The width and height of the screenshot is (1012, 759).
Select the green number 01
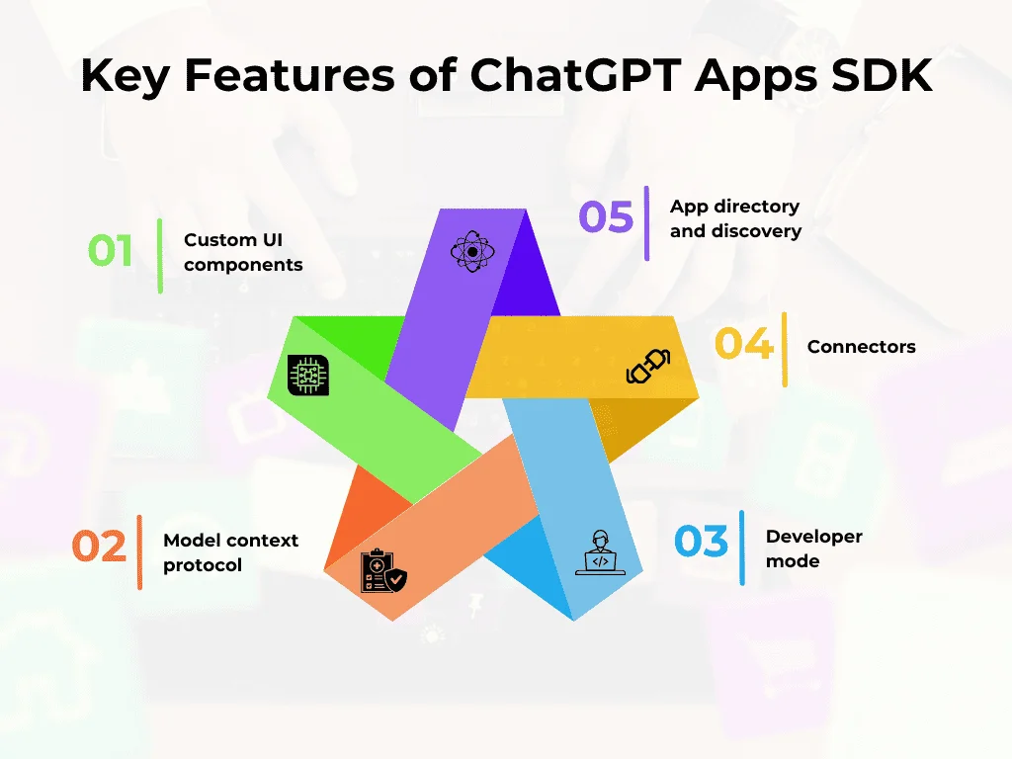tap(111, 251)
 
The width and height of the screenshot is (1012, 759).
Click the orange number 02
tap(100, 546)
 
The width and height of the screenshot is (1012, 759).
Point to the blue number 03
tap(701, 542)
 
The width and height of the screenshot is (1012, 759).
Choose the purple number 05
tap(606, 217)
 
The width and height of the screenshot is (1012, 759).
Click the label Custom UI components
tap(243, 252)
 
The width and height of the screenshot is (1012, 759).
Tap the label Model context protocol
tap(230, 552)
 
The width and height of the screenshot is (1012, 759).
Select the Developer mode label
tap(813, 548)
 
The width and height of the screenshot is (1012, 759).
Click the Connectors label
tap(861, 347)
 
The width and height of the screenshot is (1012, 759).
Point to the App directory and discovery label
tap(734, 218)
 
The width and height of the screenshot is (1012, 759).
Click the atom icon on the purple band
tap(471, 252)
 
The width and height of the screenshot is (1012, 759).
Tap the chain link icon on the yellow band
tap(648, 366)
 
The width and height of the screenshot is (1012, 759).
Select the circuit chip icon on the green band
tap(307, 376)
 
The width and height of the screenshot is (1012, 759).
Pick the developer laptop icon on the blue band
tap(598, 552)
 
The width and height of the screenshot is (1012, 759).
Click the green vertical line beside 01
tap(160, 255)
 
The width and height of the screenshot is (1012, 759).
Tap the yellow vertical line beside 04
tap(785, 349)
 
